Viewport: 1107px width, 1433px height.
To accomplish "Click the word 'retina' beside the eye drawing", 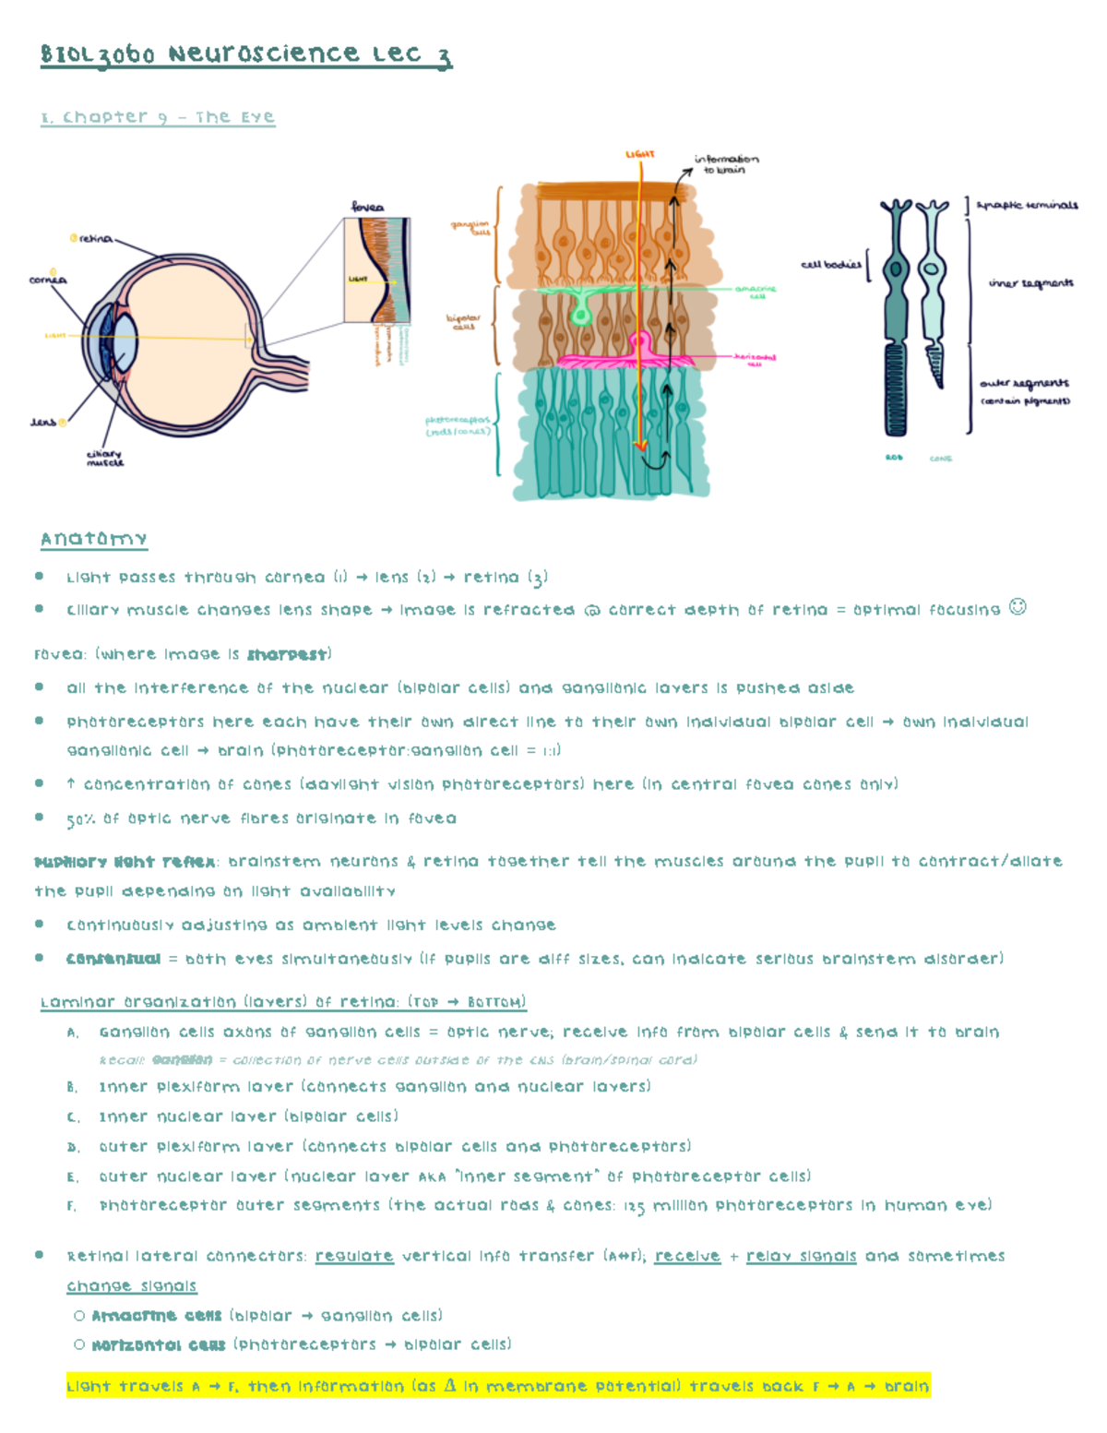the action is click(x=95, y=239).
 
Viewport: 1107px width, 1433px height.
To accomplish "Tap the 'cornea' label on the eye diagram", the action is click(x=47, y=280).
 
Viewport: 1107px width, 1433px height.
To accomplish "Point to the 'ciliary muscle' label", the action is click(x=104, y=458).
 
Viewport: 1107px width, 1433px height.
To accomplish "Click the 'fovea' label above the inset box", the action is click(x=367, y=208).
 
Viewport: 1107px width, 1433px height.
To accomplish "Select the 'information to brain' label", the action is click(x=726, y=164).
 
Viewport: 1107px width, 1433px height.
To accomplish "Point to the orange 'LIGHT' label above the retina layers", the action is click(x=639, y=154).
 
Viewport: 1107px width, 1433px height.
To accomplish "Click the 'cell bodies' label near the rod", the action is click(x=830, y=265).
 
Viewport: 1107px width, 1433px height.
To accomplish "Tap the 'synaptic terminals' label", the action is click(x=1027, y=205).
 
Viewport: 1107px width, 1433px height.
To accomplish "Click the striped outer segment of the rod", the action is click(x=895, y=388).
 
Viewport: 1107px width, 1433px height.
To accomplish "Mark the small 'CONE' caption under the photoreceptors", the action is click(x=940, y=459).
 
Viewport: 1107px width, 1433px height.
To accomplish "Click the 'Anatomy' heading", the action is click(x=93, y=539).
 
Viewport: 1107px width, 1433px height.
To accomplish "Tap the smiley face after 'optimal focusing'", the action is click(x=1018, y=607).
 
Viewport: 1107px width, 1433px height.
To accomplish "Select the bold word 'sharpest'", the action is click(x=287, y=654).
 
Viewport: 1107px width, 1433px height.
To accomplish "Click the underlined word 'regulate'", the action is click(x=354, y=1256).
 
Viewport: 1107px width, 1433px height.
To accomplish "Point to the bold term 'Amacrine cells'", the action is click(x=157, y=1316).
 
